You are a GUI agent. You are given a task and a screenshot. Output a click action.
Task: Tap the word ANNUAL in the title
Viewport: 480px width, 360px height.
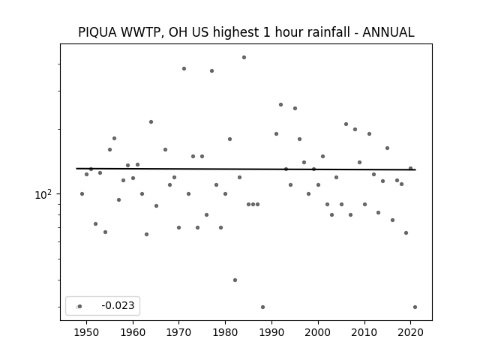(388, 32)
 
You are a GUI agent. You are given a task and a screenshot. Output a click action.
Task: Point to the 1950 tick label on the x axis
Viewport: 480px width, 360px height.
(87, 332)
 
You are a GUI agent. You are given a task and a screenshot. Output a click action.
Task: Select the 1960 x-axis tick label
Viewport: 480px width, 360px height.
(133, 332)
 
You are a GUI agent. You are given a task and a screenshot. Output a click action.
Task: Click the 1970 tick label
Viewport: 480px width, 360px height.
(178, 332)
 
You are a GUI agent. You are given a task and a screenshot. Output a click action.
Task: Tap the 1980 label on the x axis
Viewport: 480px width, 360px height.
(225, 332)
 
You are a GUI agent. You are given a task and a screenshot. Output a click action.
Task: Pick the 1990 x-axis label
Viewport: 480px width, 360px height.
(271, 332)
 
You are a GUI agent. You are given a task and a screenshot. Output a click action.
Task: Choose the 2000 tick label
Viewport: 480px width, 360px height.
(318, 332)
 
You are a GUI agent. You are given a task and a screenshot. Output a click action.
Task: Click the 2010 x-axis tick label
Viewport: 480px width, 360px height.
(364, 332)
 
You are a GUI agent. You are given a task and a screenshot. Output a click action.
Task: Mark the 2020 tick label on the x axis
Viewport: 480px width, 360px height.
(410, 332)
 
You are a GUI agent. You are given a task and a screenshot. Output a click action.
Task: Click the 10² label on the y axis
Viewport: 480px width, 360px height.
(43, 194)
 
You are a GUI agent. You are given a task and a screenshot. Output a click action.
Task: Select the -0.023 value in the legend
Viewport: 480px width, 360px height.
(118, 305)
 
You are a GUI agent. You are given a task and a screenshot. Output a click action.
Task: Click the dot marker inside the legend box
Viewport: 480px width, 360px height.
(79, 306)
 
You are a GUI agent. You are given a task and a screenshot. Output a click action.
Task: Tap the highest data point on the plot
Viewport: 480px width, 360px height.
(244, 57)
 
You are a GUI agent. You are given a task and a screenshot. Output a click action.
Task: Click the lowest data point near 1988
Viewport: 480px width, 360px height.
(262, 307)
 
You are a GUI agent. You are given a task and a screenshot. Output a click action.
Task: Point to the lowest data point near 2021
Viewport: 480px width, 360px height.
(415, 307)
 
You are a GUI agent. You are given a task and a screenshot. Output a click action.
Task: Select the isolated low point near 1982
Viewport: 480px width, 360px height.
(235, 280)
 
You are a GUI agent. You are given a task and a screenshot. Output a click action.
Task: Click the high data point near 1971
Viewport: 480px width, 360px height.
(184, 68)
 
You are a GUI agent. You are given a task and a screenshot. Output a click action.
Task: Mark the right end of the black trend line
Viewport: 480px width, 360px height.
(415, 169)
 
